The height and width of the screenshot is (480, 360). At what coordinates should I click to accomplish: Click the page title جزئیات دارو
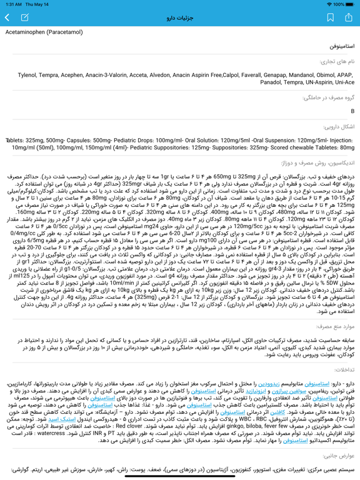tap(180, 18)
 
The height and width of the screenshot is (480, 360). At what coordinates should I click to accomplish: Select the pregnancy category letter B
tap(352, 111)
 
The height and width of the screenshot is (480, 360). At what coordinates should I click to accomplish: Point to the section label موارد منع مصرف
tap(335, 326)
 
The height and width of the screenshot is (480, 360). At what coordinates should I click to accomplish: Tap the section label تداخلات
tap(343, 370)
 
